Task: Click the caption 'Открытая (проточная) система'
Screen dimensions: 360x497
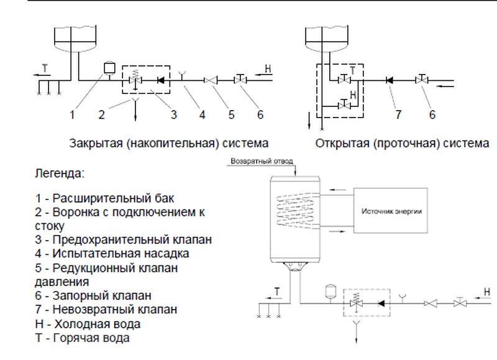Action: (x=402, y=144)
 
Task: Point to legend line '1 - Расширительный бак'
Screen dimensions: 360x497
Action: (x=105, y=199)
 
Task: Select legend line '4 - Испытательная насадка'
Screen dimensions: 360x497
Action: (x=112, y=254)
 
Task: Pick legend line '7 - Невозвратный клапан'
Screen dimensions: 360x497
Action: (x=106, y=309)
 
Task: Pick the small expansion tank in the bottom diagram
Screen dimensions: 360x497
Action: (x=330, y=290)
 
